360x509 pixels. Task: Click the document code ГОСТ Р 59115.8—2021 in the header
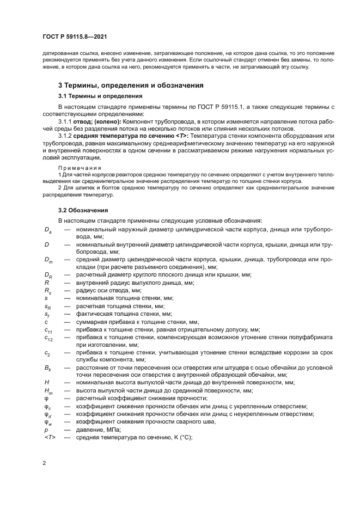[74, 36]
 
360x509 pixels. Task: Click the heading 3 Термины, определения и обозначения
[131, 85]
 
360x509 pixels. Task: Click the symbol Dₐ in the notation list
[47, 230]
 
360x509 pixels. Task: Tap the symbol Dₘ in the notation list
[48, 261]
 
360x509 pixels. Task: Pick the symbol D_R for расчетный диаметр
[47, 276]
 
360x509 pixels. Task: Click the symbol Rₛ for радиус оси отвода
[47, 291]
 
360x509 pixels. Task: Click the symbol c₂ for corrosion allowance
[47, 353]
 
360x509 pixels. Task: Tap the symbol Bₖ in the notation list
[47, 369]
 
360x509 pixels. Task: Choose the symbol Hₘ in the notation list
[48, 391]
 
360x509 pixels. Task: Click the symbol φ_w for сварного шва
[47, 422]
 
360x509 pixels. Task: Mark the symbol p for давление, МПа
[46, 430]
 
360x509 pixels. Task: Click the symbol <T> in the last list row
[49, 437]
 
